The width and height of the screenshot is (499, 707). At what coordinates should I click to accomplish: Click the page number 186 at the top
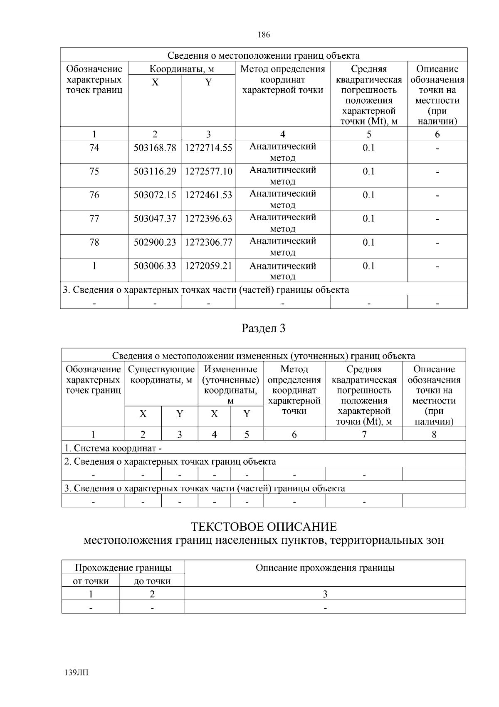264,35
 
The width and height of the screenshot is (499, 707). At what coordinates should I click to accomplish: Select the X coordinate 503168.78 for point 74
155,148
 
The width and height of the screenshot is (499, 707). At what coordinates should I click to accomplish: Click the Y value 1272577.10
208,172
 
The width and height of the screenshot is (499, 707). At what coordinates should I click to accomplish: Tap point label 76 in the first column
94,195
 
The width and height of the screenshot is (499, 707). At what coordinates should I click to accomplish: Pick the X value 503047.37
155,219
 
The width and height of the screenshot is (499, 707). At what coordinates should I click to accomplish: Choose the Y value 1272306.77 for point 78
208,242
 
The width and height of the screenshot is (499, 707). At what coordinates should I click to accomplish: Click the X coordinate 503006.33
155,266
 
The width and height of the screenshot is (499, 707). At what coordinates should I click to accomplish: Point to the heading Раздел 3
264,329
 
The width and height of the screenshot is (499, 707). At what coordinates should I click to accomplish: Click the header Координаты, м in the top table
182,69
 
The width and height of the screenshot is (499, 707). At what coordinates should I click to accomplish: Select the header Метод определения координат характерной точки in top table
283,80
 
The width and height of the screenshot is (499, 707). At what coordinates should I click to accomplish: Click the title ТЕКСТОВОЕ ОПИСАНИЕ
264,527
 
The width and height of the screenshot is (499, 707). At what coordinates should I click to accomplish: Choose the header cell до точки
152,581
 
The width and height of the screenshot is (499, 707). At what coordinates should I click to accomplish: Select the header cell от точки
91,581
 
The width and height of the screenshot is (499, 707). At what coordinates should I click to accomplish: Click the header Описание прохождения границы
325,568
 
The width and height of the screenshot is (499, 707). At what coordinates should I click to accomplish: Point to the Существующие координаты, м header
161,374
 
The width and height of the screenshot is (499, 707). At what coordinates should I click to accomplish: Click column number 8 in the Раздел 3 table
434,435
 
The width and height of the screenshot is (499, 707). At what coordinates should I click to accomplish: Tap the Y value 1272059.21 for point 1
208,266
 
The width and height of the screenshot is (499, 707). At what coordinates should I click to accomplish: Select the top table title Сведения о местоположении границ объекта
264,56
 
